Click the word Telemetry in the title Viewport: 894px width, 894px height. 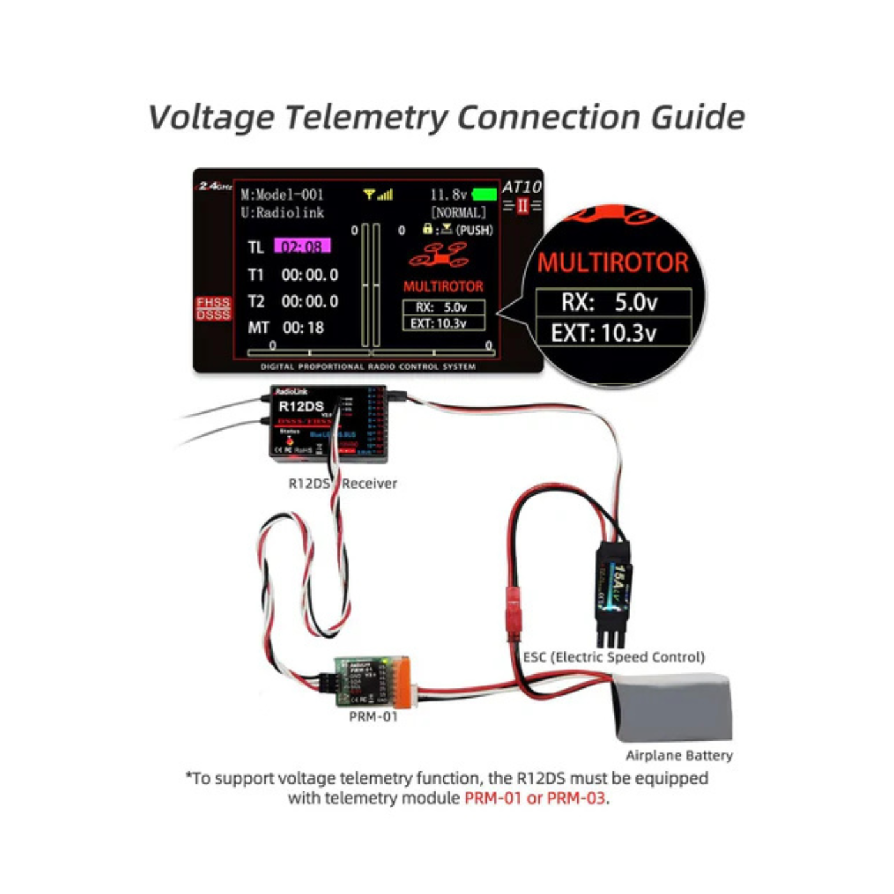click(367, 117)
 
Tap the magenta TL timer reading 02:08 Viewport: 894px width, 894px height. click(302, 246)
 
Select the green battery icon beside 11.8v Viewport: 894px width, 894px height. click(484, 194)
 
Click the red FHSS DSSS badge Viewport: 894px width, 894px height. click(213, 308)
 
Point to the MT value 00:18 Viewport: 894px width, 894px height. click(303, 328)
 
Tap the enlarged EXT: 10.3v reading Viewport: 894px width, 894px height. click(603, 333)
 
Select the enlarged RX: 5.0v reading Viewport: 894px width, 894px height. click(609, 302)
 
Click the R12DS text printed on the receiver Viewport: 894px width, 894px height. click(301, 406)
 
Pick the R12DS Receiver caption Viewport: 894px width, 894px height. click(342, 483)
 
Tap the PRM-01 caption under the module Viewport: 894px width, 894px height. click(373, 716)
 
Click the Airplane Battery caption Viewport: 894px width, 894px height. click(679, 755)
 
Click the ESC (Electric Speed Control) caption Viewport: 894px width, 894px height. click(614, 657)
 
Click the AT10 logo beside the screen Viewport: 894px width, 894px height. click(521, 187)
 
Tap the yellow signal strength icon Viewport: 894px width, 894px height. click(378, 194)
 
